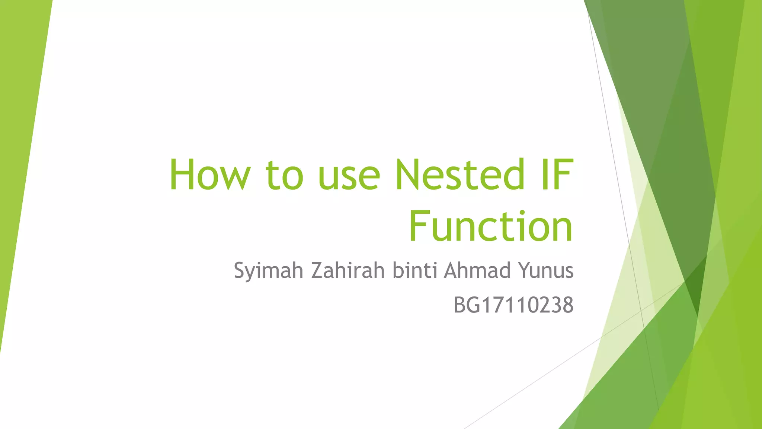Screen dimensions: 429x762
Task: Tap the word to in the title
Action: [x=285, y=175]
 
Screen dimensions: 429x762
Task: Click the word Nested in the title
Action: [x=460, y=174]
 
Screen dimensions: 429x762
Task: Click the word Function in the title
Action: [x=491, y=226]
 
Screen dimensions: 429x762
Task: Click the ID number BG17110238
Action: [x=513, y=305]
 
